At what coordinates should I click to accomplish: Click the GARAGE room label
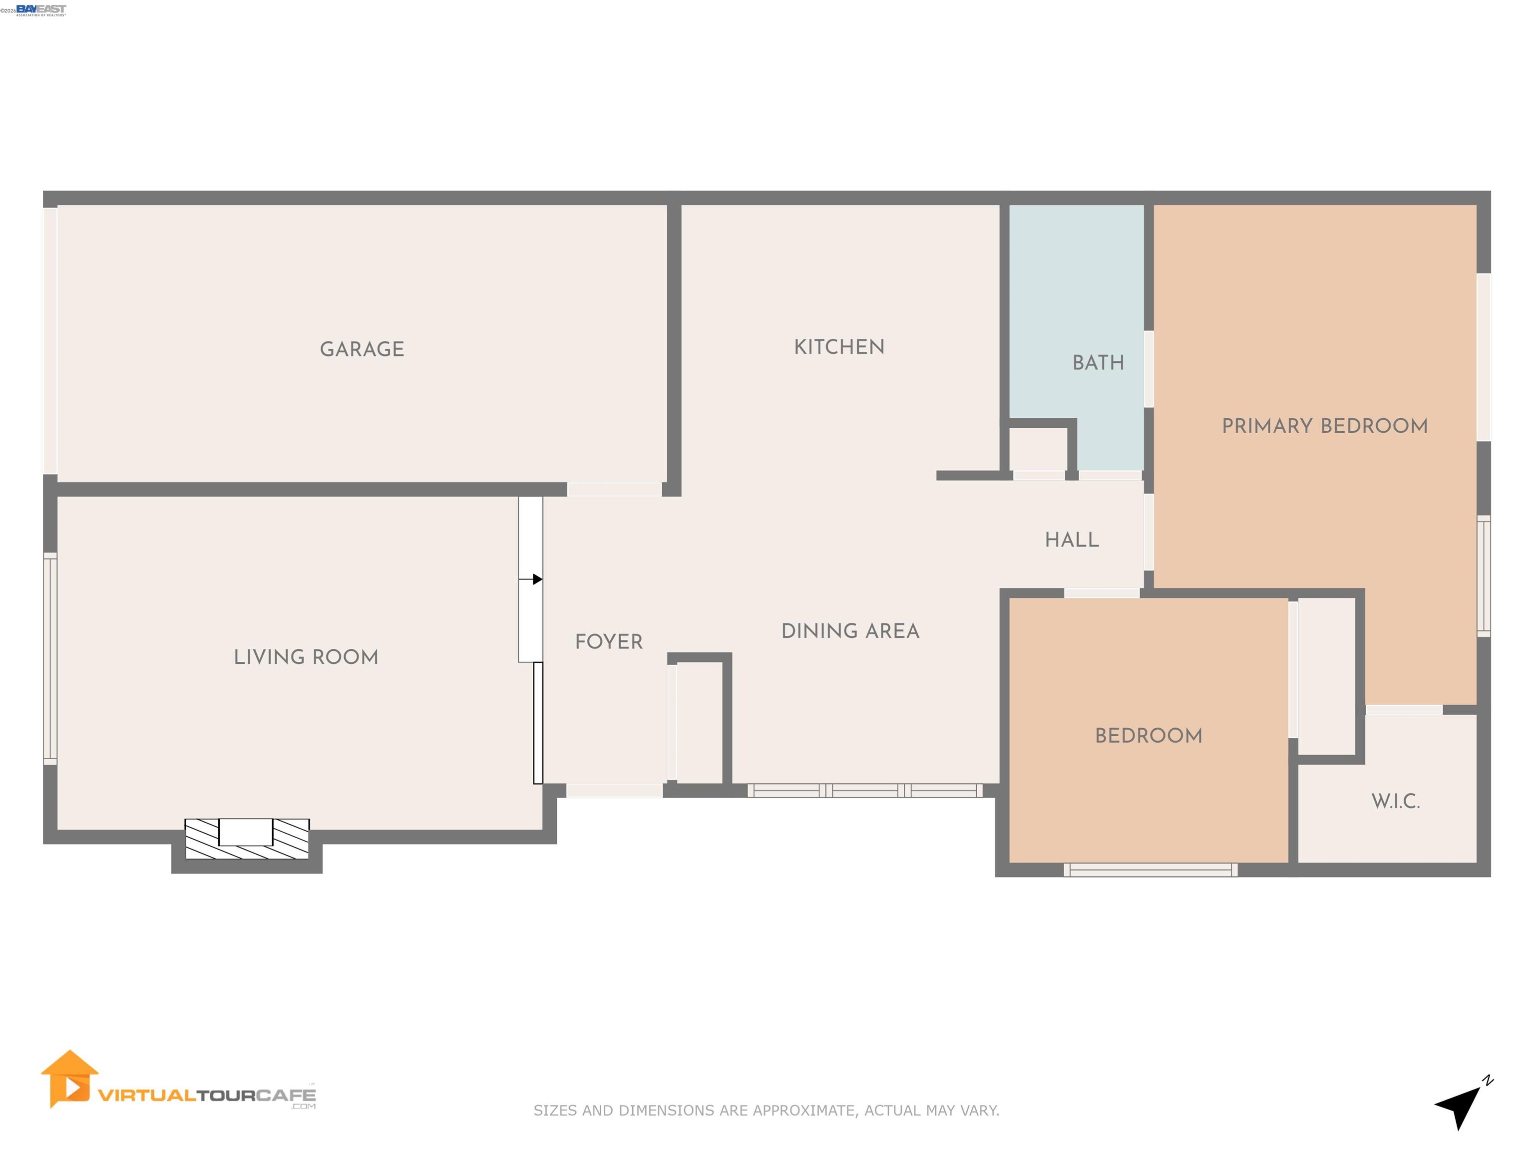pyautogui.click(x=362, y=349)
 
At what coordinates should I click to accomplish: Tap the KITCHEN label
pyautogui.click(x=838, y=346)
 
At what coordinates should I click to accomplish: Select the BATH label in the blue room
pyautogui.click(x=1098, y=362)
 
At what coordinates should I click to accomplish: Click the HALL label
pyautogui.click(x=1072, y=540)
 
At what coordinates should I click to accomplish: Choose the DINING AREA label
pyautogui.click(x=850, y=631)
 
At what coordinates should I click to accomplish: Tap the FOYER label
pyautogui.click(x=608, y=642)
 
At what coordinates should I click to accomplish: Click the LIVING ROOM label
pyautogui.click(x=306, y=657)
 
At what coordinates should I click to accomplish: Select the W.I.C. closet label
pyautogui.click(x=1395, y=801)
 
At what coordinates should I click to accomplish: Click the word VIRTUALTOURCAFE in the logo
pyautogui.click(x=207, y=1095)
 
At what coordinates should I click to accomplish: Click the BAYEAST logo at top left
pyautogui.click(x=41, y=9)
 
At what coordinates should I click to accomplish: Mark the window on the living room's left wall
pyautogui.click(x=50, y=658)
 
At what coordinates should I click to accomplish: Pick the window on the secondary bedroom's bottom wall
pyautogui.click(x=1150, y=870)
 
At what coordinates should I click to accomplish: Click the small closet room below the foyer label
pyautogui.click(x=699, y=722)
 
